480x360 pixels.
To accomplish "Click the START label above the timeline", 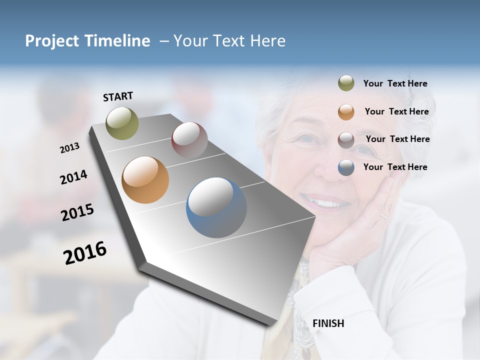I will [118, 96].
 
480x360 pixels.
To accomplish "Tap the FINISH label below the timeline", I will [328, 323].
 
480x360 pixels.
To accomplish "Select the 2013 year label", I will [69, 148].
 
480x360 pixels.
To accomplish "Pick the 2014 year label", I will [73, 177].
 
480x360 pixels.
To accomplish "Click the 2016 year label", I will [85, 253].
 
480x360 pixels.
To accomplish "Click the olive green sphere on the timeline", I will [122, 123].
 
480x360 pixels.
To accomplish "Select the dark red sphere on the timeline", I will [189, 139].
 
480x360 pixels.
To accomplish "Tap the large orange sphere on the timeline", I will [145, 179].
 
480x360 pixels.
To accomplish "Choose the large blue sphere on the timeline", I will [216, 207].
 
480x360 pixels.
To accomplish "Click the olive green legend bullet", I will [346, 83].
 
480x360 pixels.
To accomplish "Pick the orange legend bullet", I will [346, 111].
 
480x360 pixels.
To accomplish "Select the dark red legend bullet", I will [346, 139].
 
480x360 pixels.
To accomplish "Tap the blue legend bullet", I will [346, 167].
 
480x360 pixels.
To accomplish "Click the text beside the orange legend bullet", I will [396, 111].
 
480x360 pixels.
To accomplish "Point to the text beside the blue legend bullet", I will [395, 167].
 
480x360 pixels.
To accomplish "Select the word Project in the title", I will [50, 41].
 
